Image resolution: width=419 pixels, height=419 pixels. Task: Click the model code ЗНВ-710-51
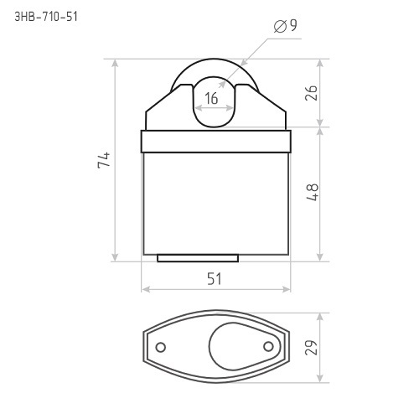tap(46, 17)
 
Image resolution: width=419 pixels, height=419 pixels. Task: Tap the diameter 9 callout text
tap(285, 26)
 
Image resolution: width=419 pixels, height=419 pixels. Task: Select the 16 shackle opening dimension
tap(211, 98)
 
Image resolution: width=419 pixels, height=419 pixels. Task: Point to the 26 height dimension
tap(311, 93)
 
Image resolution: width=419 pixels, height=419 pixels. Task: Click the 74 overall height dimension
tap(104, 160)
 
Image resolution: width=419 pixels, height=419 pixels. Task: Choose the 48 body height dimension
tap(313, 192)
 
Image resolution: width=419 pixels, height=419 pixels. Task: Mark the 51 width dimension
tap(215, 279)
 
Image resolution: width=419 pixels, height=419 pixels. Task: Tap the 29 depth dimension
tap(311, 348)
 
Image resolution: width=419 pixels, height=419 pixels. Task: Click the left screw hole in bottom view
tap(160, 347)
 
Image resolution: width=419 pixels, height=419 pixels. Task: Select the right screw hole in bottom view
tap(268, 347)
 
